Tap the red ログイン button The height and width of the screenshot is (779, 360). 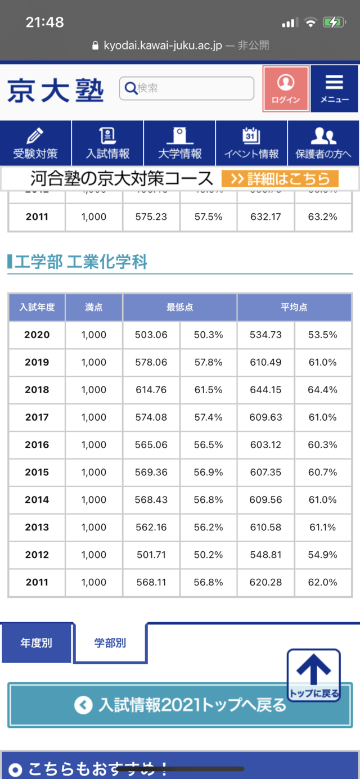tap(286, 89)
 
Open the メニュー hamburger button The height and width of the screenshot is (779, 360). tap(334, 89)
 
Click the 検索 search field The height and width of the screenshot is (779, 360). tap(187, 88)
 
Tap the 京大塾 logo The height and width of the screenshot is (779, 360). tap(55, 89)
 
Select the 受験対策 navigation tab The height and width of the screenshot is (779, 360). tap(35, 143)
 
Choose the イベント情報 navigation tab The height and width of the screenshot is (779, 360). tap(251, 143)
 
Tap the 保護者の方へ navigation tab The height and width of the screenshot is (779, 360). tap(323, 143)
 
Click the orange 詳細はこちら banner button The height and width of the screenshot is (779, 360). tap(280, 179)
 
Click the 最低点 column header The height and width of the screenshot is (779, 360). tap(180, 307)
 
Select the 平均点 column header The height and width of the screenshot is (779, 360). tap(294, 307)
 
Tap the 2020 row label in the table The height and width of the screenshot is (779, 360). tap(37, 335)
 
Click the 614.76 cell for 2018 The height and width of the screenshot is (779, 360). tap(151, 390)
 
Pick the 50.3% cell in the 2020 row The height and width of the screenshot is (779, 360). tap(209, 335)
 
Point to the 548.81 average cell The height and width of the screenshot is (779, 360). tap(266, 555)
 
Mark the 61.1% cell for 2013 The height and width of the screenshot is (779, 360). tap(323, 527)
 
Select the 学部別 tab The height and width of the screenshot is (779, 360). tap(110, 643)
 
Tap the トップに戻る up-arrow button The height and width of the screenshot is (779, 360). tap(313, 674)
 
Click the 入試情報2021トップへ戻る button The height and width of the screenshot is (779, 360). tap(180, 705)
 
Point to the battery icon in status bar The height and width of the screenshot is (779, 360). tap(334, 22)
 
